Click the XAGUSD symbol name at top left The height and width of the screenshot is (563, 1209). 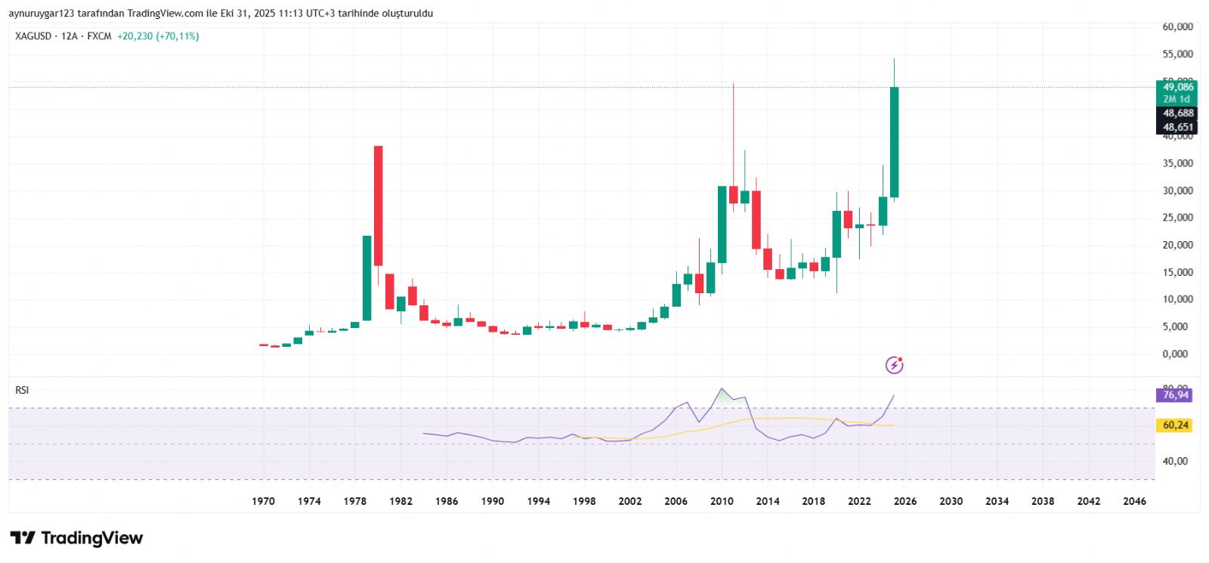33,36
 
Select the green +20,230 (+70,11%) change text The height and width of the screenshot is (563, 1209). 158,36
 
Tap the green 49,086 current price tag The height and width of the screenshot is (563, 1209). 1177,87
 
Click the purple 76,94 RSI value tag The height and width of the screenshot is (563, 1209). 1175,395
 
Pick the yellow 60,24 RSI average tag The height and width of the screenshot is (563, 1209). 1175,425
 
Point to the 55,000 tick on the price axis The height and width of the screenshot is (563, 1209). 1177,54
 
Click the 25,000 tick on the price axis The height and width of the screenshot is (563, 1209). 1177,218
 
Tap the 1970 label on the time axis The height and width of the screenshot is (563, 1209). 263,501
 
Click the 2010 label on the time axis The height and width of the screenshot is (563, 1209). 722,501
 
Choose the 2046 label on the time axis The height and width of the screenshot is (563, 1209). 1134,501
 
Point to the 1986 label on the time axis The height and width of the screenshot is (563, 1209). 447,501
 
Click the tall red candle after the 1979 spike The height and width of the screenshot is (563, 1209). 378,206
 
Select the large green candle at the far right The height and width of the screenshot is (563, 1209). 894,142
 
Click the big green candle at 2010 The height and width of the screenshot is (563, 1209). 722,224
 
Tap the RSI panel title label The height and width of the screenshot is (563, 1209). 22,390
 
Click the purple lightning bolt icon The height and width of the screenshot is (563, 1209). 894,366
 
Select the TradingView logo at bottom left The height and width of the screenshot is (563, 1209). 76,538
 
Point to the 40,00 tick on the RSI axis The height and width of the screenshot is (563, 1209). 1175,461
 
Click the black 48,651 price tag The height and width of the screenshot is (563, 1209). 1177,128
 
